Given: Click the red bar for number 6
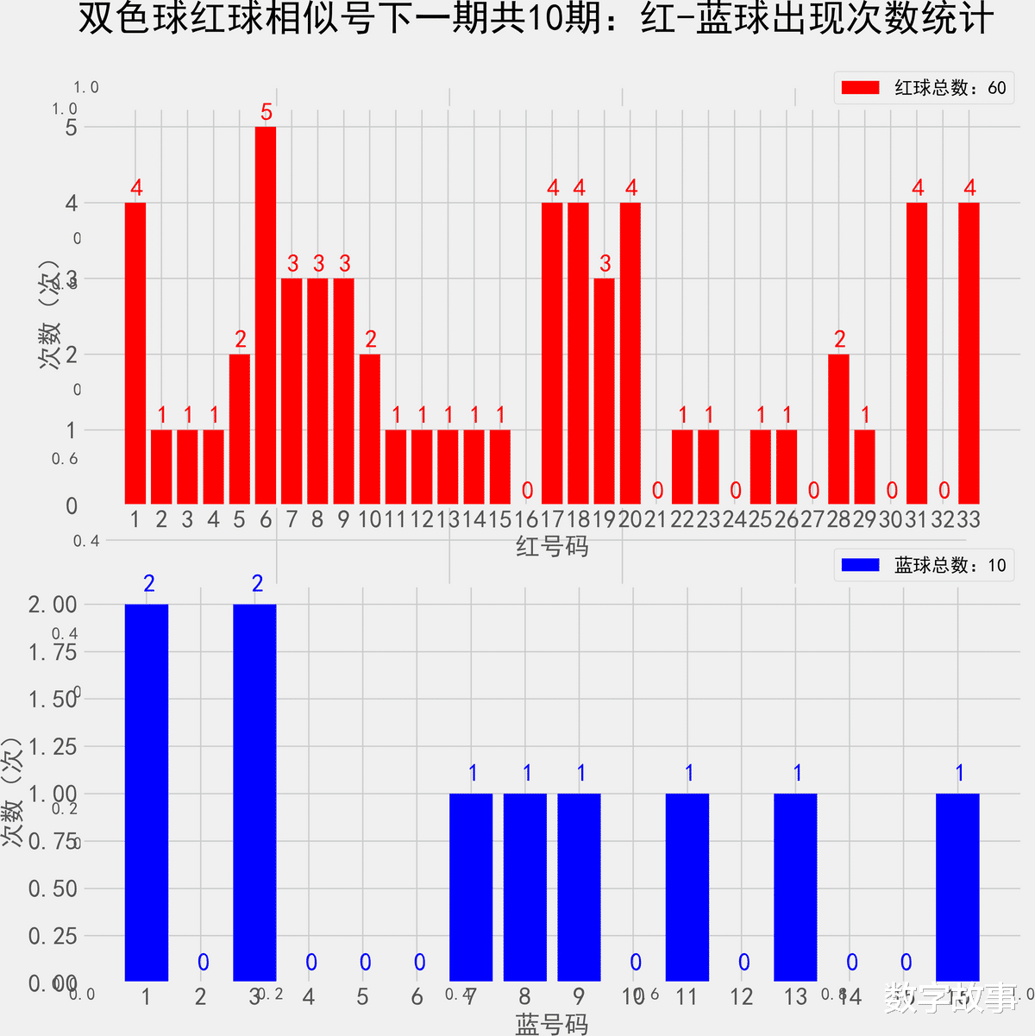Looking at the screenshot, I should [266, 315].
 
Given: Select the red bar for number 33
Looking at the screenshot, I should [969, 353].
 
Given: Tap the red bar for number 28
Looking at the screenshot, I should [838, 429].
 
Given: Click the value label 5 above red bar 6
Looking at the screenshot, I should [267, 112].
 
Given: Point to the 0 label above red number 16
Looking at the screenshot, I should [527, 491].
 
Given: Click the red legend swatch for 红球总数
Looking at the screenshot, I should [860, 88].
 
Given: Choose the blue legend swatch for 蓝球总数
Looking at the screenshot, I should [860, 565].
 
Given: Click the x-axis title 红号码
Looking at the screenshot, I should [552, 546].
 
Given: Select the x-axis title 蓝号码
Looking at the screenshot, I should [552, 1023].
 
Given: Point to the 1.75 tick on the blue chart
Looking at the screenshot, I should [53, 652].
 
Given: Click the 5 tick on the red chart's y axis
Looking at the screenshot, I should [71, 128].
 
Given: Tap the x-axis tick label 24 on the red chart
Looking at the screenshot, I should [735, 519].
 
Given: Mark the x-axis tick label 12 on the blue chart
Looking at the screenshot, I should [742, 997].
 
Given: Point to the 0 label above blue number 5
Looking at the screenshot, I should [366, 963].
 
